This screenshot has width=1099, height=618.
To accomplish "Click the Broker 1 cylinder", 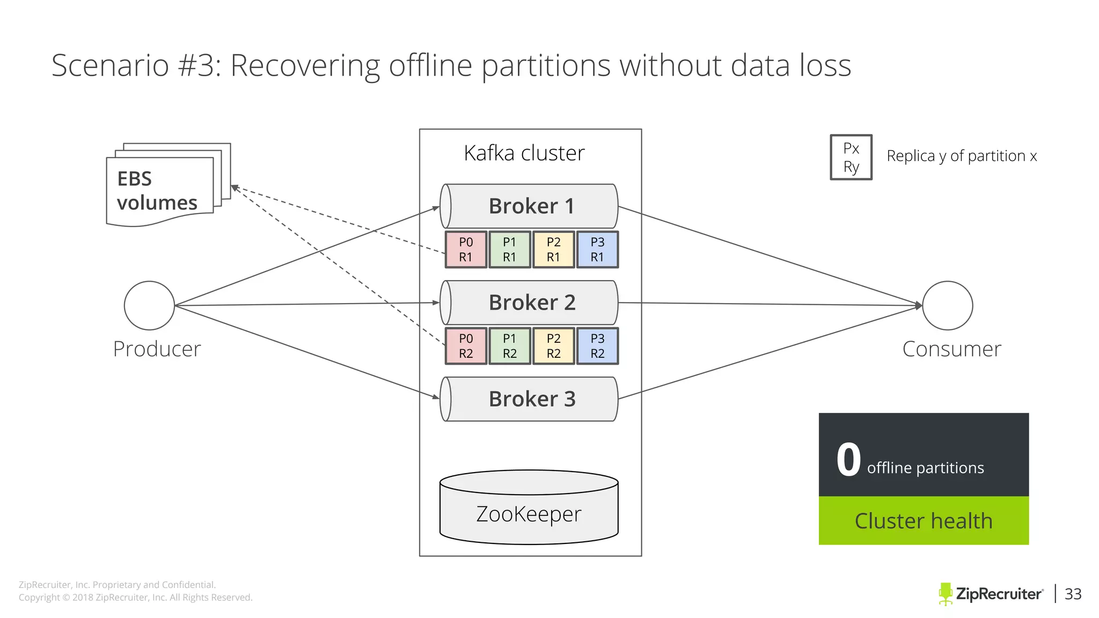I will pyautogui.click(x=529, y=207).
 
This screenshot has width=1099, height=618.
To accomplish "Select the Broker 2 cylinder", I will pyautogui.click(x=529, y=303).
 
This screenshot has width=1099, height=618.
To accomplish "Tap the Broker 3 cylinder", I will pyautogui.click(x=529, y=400).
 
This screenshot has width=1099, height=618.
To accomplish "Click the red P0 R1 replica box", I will pyautogui.click(x=466, y=250).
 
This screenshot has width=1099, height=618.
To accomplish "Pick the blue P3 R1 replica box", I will pyautogui.click(x=597, y=250).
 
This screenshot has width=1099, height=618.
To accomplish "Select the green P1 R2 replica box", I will pyautogui.click(x=510, y=347).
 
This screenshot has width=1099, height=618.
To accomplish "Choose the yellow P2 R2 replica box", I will pyautogui.click(x=553, y=347).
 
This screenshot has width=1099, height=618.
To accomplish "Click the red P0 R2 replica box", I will pyautogui.click(x=466, y=347).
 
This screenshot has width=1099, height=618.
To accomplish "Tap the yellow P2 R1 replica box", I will pyautogui.click(x=553, y=250).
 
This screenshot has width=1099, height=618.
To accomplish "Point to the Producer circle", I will pyautogui.click(x=149, y=306).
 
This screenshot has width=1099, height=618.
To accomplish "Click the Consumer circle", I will pyautogui.click(x=948, y=306).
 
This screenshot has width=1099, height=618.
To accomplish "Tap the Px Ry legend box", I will pyautogui.click(x=851, y=157).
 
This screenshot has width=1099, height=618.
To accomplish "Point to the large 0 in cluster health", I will pyautogui.click(x=848, y=460).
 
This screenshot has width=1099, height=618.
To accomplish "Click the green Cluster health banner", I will pyautogui.click(x=924, y=521).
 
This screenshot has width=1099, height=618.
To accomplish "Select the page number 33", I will pyautogui.click(x=1073, y=594).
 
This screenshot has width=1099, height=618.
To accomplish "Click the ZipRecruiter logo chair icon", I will pyautogui.click(x=945, y=594).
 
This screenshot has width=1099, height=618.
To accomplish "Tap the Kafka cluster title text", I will pyautogui.click(x=524, y=153).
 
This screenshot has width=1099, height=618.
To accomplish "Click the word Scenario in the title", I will pyautogui.click(x=110, y=66).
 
